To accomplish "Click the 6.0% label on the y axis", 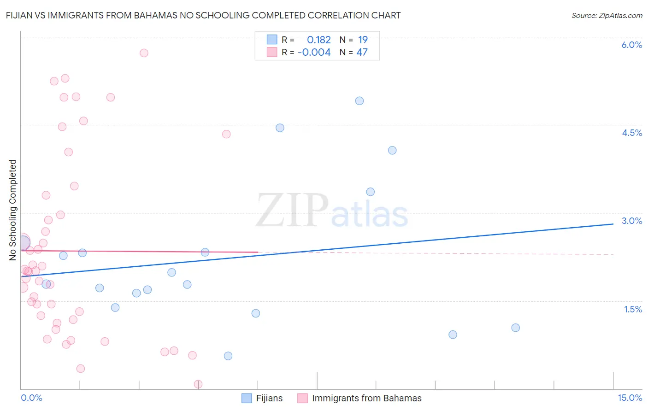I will (631, 45).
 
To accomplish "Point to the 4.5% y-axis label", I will (631, 133).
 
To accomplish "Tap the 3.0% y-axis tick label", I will (631, 221).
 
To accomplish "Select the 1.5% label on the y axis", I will (633, 309).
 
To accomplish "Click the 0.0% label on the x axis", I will (31, 398).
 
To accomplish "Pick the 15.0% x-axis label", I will (630, 398).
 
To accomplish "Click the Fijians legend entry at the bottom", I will (269, 398).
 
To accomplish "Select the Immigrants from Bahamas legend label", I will (366, 398).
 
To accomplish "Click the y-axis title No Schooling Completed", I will (13, 210).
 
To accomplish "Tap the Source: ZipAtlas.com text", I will (607, 16).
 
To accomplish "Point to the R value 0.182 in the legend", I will (318, 40).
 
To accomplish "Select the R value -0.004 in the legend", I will (314, 53).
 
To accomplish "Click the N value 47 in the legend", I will (362, 53).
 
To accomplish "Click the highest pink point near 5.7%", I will (144, 53).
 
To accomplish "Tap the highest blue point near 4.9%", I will (359, 101).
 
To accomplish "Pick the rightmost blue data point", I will (516, 328).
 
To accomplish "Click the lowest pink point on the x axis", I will (198, 384).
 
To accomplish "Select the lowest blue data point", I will (228, 356).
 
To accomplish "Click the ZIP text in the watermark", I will (292, 211).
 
